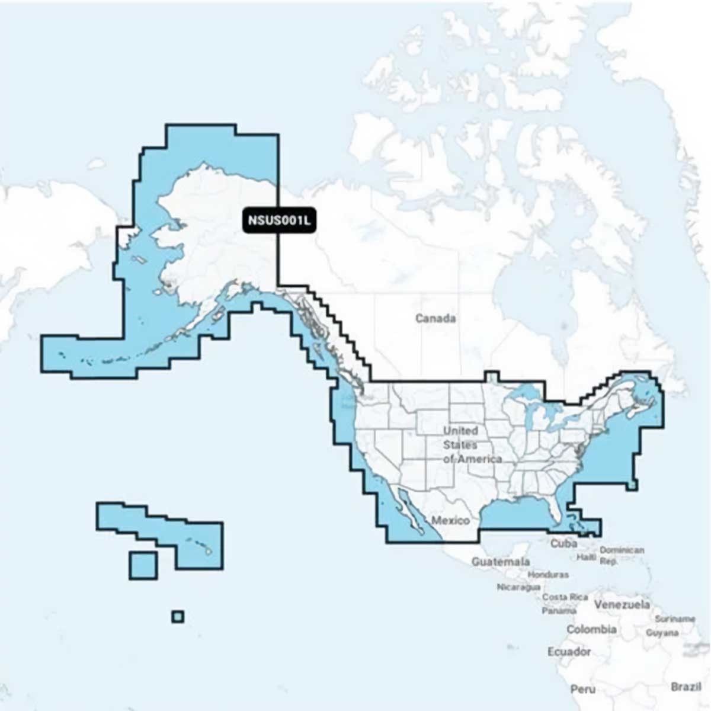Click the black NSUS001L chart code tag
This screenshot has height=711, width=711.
coord(278,221)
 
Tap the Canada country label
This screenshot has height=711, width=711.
coord(435,319)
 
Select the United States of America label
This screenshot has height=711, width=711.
coord(472,444)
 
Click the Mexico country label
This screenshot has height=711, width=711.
coord(450,521)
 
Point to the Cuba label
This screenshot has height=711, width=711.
coord(563,543)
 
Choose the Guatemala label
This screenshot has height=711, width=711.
coord(501,561)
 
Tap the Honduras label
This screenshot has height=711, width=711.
coord(547,575)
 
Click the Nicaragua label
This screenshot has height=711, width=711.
coord(518,587)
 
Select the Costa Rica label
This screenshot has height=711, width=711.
coord(565,597)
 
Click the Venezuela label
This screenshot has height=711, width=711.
coord(622,606)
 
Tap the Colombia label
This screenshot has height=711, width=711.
coord(591,629)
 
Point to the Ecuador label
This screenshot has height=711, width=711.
coord(569,652)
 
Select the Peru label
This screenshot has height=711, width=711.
coord(583,689)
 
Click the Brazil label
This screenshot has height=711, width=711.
coord(686,687)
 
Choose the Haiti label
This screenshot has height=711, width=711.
coord(586,558)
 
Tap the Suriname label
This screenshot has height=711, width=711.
coord(675,619)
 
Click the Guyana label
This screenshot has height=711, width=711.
coord(662,633)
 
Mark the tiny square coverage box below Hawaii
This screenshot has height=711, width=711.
coord(178,617)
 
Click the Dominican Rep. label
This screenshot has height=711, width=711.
coord(622,555)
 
